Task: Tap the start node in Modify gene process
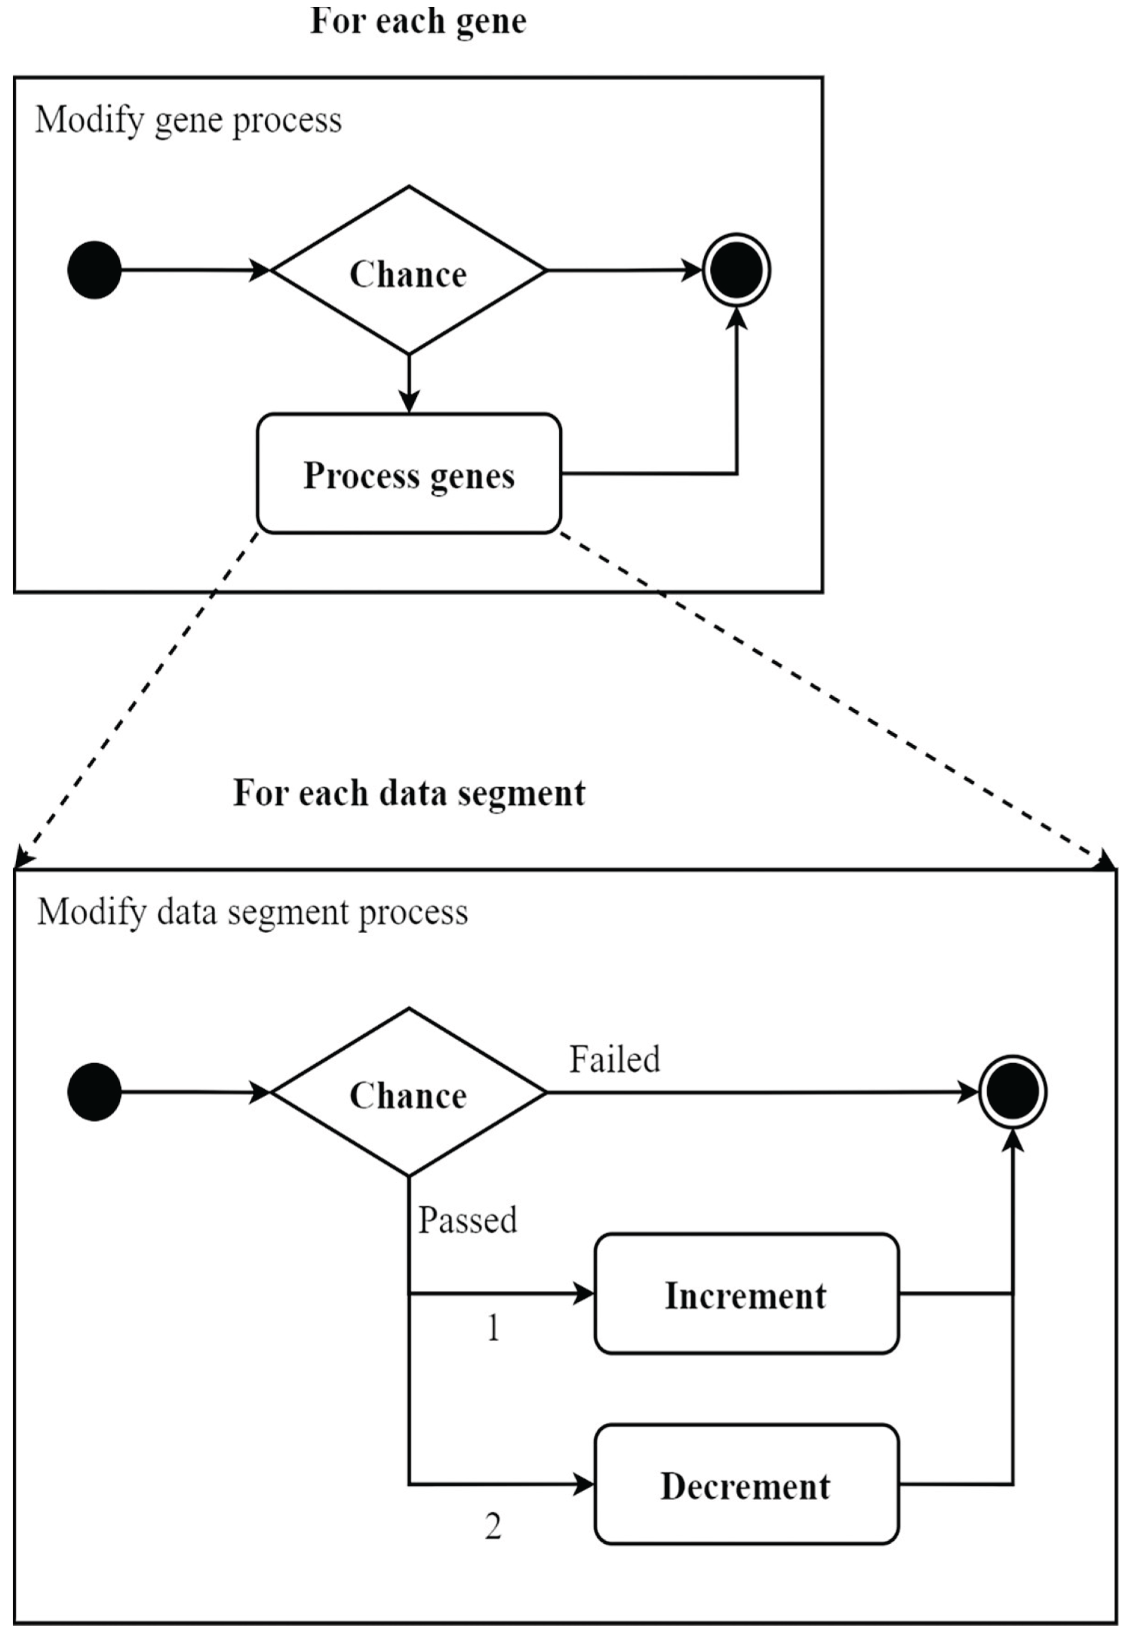tap(94, 270)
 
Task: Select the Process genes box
tap(409, 474)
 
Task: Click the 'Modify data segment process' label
tap(252, 912)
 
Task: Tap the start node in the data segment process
tap(94, 1092)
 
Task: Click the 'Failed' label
tap(615, 1059)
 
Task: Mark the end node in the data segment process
tap(1013, 1092)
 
